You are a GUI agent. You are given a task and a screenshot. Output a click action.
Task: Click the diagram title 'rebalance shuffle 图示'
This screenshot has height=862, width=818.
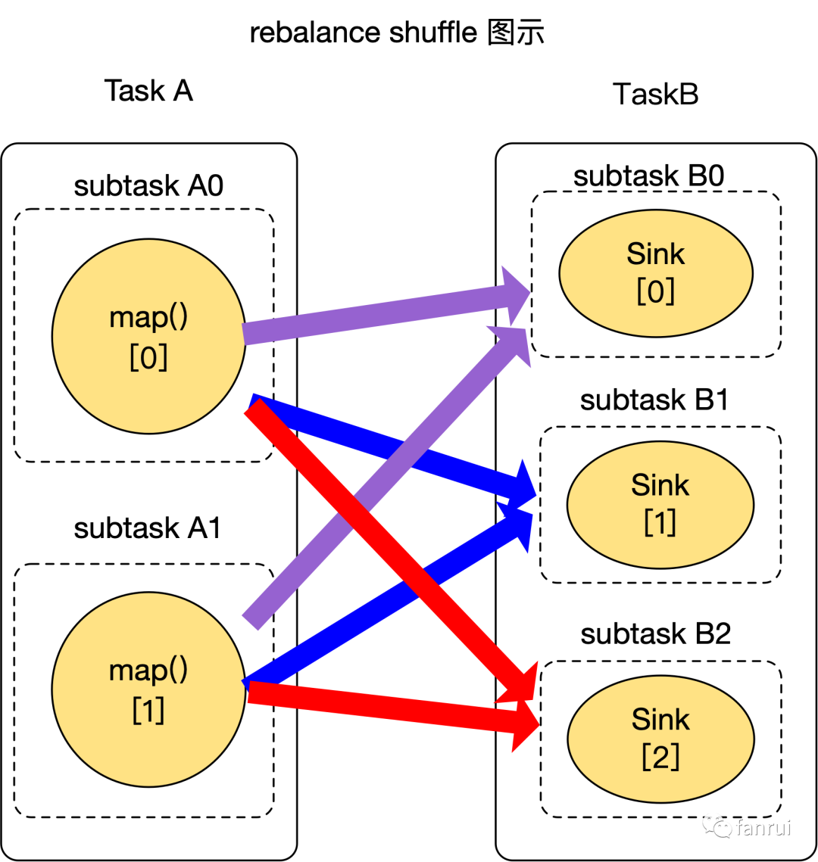(397, 33)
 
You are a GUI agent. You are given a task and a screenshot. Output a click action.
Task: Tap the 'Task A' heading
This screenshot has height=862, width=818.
(148, 91)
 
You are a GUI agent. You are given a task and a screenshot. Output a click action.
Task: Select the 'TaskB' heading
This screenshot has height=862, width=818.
(655, 95)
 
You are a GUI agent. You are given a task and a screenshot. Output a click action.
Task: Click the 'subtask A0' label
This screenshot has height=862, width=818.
(148, 185)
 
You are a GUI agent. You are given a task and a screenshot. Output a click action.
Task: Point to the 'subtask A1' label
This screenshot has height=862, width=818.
(148, 527)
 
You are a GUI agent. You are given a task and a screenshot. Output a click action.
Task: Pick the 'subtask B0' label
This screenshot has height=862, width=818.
(649, 176)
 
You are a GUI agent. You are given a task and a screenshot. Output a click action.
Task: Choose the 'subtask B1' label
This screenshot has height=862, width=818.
(654, 400)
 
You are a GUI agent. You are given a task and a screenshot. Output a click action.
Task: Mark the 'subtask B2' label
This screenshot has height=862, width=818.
(656, 633)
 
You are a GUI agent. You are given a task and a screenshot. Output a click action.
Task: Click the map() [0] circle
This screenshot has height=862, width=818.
(148, 337)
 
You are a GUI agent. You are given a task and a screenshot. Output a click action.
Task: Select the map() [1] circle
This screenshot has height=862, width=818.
(148, 689)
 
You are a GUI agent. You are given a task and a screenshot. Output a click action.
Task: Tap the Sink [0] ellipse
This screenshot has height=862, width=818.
(656, 272)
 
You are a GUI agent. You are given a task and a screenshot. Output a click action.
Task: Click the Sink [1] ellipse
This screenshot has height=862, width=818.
(660, 504)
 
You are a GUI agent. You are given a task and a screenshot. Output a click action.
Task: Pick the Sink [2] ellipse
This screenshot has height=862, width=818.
(660, 739)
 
